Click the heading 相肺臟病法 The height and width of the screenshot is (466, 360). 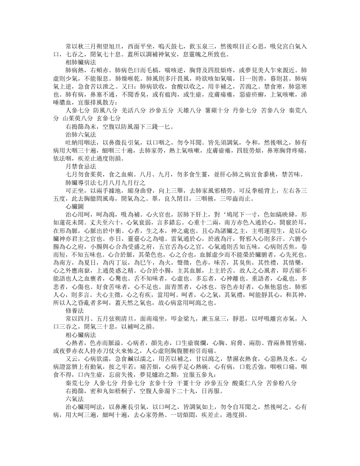[x=81, y=63]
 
